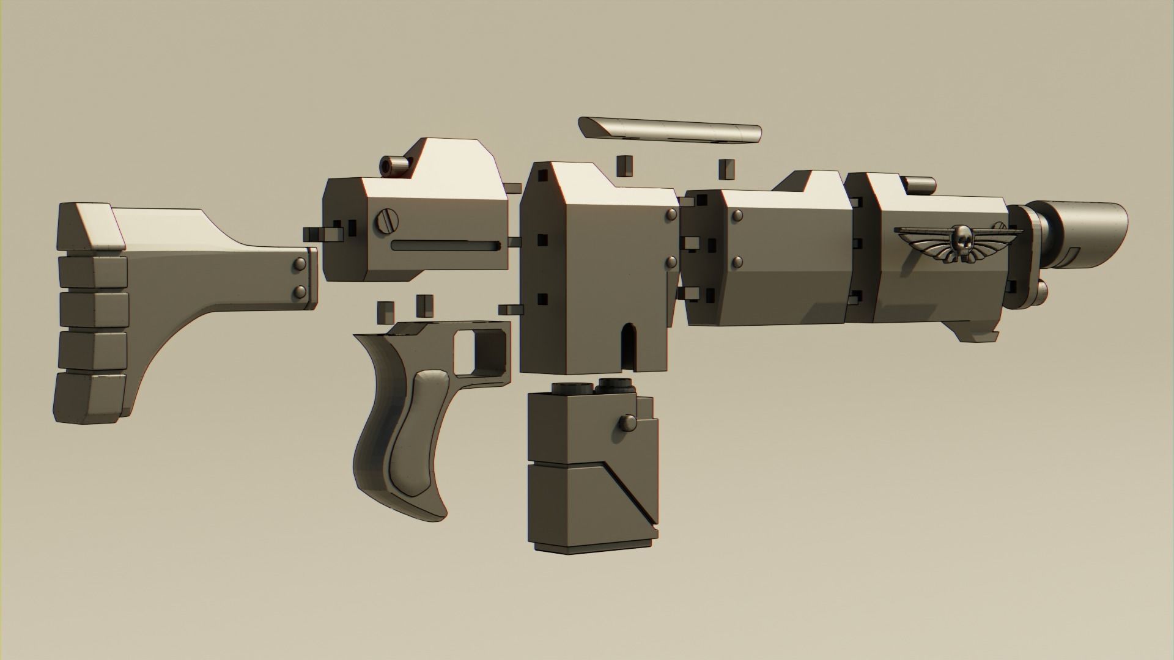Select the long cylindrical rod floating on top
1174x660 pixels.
click(670, 130)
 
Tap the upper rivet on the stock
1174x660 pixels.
click(301, 264)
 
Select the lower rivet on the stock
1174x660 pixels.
click(301, 291)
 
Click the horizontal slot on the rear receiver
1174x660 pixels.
click(446, 246)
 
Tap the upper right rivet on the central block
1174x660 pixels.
click(671, 215)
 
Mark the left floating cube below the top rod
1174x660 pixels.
click(624, 164)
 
